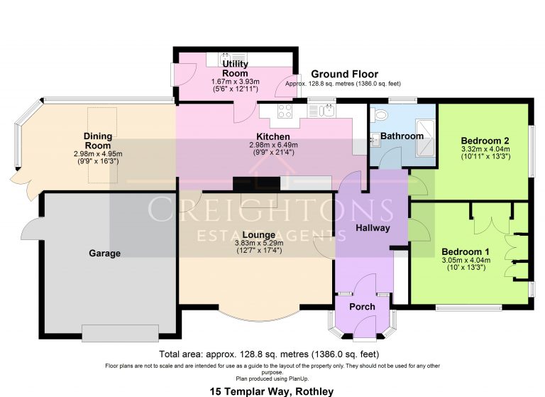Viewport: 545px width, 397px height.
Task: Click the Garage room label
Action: [104, 254]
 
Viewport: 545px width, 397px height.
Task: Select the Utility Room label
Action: [235, 68]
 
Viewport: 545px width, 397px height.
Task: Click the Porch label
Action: [362, 307]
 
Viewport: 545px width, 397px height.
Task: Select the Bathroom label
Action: [402, 136]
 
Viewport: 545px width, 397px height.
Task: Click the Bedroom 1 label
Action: [466, 252]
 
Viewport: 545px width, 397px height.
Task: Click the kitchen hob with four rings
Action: [286, 111]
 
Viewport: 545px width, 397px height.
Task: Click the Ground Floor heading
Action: [344, 74]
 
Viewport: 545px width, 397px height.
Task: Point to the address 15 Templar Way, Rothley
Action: [272, 391]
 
